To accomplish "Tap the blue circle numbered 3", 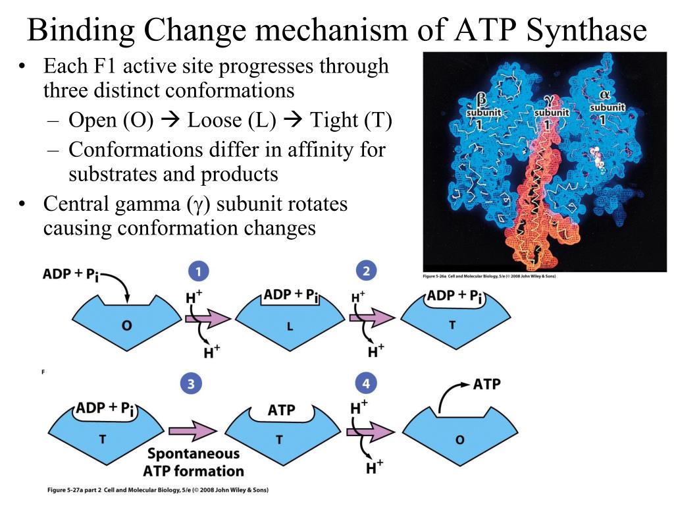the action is (x=191, y=385).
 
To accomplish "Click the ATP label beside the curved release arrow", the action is (x=488, y=384).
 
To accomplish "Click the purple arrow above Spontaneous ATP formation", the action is (x=193, y=431).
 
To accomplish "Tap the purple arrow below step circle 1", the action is (x=207, y=319).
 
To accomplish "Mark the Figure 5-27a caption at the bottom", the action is (x=158, y=490).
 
